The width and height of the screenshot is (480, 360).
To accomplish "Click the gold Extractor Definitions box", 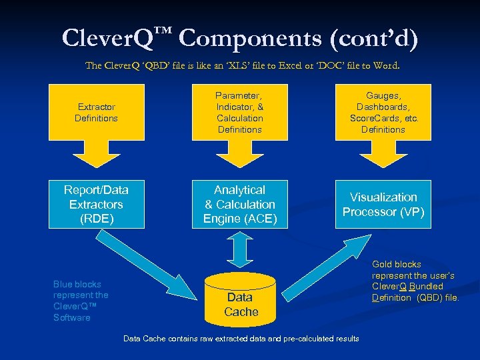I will click(96, 112).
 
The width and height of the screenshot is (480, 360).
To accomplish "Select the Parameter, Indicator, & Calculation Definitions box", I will click(240, 112).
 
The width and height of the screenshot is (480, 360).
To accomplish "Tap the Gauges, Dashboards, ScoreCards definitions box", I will click(383, 112).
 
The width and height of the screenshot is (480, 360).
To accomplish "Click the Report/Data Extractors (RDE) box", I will click(96, 204).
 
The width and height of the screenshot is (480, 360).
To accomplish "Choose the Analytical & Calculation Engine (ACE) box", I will click(240, 204).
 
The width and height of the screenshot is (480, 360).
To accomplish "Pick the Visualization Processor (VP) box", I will click(383, 204).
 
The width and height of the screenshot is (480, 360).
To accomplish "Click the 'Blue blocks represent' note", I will click(81, 301).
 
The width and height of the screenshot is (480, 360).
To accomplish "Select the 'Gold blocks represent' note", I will click(415, 281).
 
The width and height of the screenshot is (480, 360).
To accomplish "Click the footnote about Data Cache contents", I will click(241, 339).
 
